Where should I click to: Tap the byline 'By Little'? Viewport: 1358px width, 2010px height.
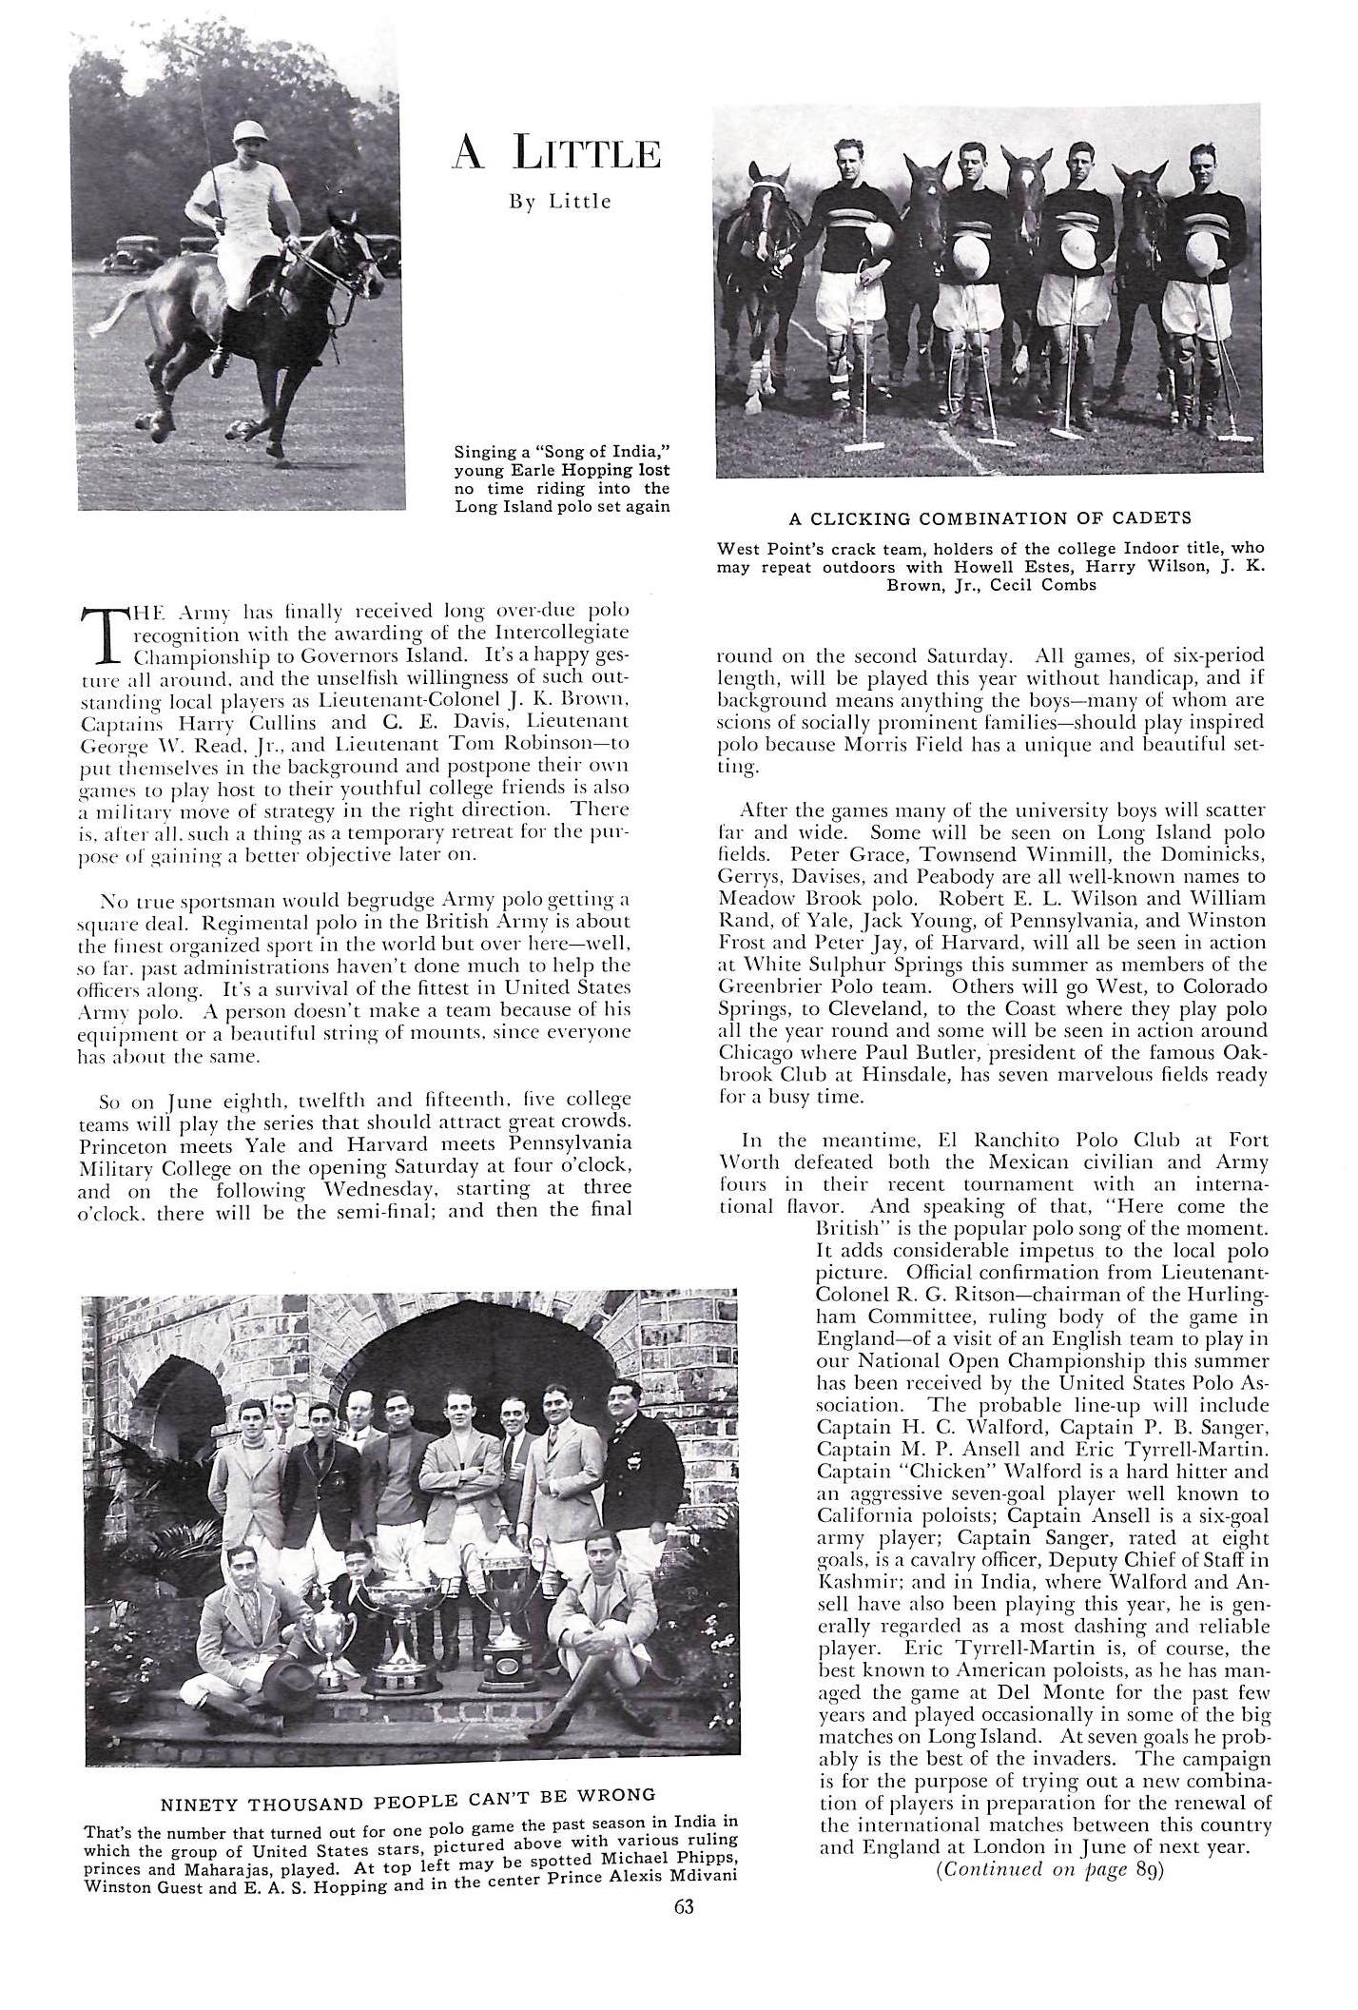[556, 202]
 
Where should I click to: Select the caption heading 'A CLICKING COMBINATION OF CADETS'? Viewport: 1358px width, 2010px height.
[990, 518]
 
